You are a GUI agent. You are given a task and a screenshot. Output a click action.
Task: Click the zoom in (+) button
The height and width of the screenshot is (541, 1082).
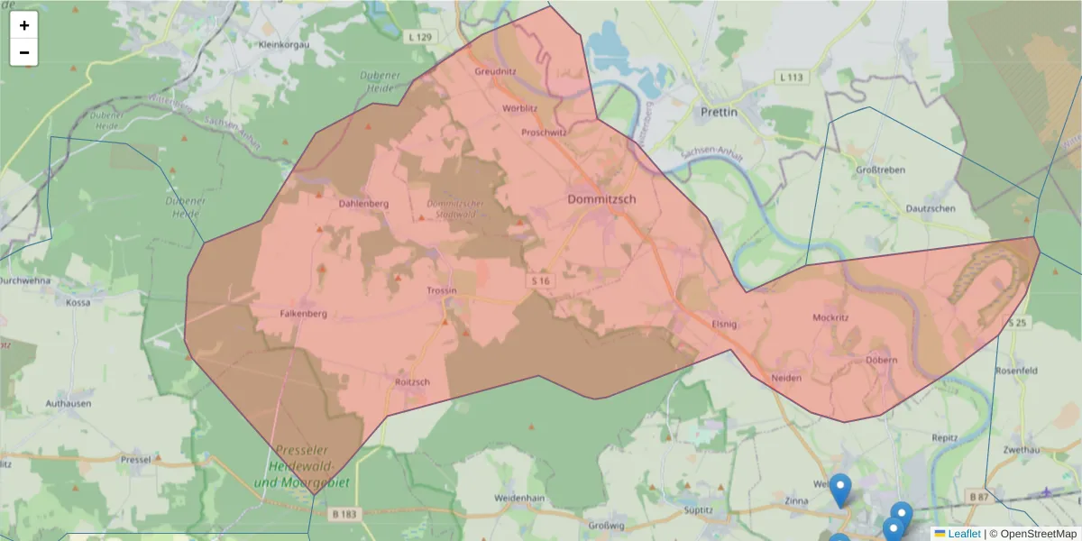[24, 25]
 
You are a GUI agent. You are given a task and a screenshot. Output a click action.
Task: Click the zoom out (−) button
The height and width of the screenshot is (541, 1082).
[24, 52]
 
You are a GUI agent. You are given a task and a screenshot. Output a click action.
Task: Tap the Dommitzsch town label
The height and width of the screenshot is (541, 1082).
[601, 198]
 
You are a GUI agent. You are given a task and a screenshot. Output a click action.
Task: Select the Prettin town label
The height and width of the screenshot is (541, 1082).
[719, 113]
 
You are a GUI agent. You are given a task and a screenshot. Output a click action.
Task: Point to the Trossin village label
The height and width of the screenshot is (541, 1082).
[442, 290]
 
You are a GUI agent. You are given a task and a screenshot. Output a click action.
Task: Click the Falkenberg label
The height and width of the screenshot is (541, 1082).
[304, 314]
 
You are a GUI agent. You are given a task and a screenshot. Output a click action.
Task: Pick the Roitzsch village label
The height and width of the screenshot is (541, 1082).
[413, 381]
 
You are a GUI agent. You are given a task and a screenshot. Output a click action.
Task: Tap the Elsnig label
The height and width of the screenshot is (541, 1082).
[725, 323]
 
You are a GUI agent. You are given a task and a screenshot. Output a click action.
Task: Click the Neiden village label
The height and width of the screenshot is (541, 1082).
[786, 377]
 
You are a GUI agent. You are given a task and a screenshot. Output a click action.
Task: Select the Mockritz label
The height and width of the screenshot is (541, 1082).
[830, 318]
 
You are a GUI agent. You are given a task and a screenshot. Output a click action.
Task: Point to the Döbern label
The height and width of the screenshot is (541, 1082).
[882, 361]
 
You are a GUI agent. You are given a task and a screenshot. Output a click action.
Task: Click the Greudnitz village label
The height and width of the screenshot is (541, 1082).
[495, 69]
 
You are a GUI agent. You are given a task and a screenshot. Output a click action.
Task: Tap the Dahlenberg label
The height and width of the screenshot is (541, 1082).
[363, 203]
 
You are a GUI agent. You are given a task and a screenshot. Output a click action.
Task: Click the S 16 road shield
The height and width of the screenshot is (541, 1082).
[540, 281]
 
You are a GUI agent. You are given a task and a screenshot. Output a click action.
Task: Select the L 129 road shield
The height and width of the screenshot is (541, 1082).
[420, 37]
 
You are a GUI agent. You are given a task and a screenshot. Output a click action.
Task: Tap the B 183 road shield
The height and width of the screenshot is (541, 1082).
[344, 514]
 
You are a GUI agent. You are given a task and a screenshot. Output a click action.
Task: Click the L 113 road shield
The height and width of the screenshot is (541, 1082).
[789, 78]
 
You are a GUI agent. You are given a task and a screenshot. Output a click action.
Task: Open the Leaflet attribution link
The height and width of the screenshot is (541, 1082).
[964, 534]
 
